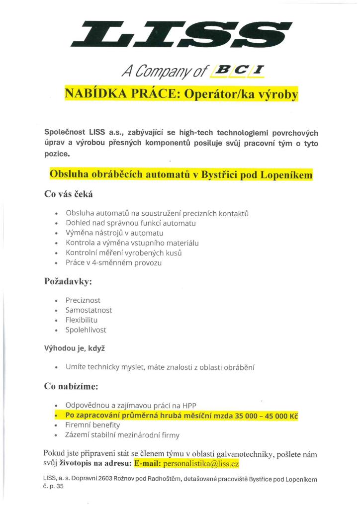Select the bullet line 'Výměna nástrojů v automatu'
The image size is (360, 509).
tap(114, 233)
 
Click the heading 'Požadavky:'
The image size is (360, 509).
tap(68, 281)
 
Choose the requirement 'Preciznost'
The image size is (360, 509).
tap(83, 301)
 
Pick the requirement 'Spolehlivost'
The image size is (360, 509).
tap(86, 330)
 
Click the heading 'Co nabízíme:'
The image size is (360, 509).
tap(72, 386)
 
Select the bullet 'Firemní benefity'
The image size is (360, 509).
tap(93, 425)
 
